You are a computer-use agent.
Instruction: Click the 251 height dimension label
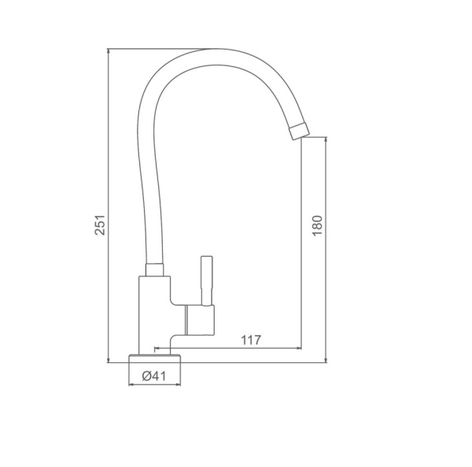pos(100,224)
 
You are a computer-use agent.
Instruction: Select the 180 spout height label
pos(317,226)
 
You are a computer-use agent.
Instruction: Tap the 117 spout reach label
pos(251,340)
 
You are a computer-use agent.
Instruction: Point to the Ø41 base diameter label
pos(154,376)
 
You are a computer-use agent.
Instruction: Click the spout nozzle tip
pos(300,131)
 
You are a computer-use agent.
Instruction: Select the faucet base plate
pos(155,358)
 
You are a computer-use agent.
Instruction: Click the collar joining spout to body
pos(155,270)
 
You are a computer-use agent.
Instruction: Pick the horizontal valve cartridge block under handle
pos(200,320)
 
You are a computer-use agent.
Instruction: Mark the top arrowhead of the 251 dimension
pos(108,51)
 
